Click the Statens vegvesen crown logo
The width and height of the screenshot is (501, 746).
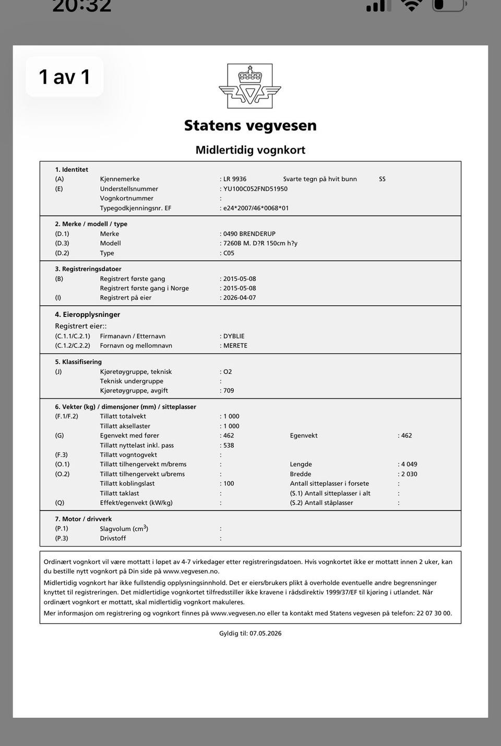pyautogui.click(x=250, y=86)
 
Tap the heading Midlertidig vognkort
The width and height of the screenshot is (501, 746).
pyautogui.click(x=250, y=150)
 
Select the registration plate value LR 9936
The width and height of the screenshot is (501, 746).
pyautogui.click(x=235, y=179)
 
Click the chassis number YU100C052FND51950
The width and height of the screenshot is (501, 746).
pyautogui.click(x=255, y=189)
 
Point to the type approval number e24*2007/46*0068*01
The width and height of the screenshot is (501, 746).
pyautogui.click(x=256, y=208)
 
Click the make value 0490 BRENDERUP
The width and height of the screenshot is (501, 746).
pyautogui.click(x=249, y=234)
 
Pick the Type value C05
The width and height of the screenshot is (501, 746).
pyautogui.click(x=229, y=253)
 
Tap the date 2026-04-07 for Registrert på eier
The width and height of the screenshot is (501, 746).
pyautogui.click(x=240, y=298)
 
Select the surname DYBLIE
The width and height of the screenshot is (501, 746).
pyautogui.click(x=234, y=336)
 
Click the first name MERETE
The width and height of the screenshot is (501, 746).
pyautogui.click(x=235, y=346)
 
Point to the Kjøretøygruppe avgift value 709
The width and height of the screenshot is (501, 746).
pyautogui.click(x=229, y=390)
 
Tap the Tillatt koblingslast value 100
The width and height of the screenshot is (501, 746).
pyautogui.click(x=229, y=483)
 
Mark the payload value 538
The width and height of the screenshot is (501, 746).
pyautogui.click(x=229, y=445)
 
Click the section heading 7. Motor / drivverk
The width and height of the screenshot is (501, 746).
pyautogui.click(x=83, y=519)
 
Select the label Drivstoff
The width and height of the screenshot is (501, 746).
pyautogui.click(x=113, y=538)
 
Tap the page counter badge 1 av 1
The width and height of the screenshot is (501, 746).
pyautogui.click(x=65, y=77)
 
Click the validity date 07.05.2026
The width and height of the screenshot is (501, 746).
pyautogui.click(x=265, y=633)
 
